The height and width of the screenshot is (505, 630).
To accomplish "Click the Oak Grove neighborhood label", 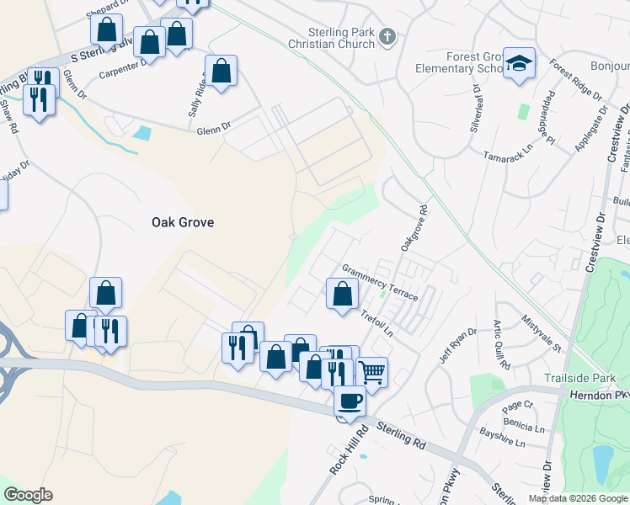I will (x=183, y=222).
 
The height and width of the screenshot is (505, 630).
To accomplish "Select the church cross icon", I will (x=387, y=36).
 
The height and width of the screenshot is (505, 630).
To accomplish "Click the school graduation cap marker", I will (x=520, y=63).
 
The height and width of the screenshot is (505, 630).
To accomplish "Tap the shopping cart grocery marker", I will (x=371, y=371).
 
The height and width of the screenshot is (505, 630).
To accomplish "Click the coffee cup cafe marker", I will (x=350, y=401).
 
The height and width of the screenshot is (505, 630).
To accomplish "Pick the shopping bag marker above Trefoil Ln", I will (x=342, y=295).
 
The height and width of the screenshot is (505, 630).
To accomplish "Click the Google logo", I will (x=28, y=495).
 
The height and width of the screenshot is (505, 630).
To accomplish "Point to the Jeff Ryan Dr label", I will (x=457, y=345).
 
